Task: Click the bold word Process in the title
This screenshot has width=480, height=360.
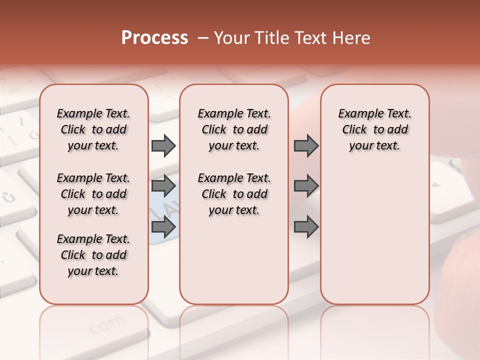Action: click(154, 38)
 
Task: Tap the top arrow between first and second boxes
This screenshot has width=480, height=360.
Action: click(163, 145)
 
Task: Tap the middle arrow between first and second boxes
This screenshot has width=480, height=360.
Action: click(163, 186)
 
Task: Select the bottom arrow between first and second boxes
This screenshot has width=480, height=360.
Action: click(163, 227)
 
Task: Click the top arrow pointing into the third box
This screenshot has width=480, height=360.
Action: click(306, 145)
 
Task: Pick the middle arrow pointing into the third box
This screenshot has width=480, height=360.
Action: click(306, 186)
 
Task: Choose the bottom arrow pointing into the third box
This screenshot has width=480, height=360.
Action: click(306, 227)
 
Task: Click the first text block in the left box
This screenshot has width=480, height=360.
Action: click(93, 129)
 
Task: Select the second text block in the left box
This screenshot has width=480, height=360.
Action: click(93, 194)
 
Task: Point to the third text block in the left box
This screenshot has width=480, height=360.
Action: click(93, 255)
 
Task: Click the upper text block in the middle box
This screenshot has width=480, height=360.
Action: click(234, 129)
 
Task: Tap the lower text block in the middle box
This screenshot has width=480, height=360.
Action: click(234, 194)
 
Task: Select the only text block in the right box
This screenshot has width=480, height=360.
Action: click(374, 129)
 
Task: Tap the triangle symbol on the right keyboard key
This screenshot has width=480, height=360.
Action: click(436, 184)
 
